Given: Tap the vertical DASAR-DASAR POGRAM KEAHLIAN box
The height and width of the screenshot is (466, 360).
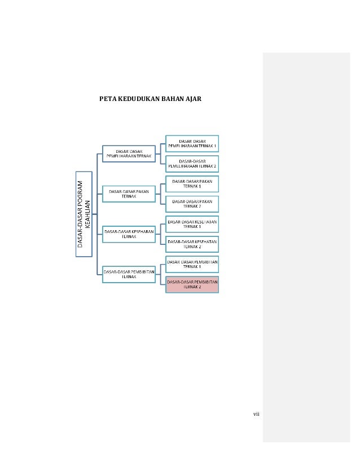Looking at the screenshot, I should coord(83,214).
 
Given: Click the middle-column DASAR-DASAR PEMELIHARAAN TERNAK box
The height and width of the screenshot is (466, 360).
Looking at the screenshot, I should coord(128,153).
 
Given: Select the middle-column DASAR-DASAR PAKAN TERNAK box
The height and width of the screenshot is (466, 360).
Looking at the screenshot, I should coord(128,194).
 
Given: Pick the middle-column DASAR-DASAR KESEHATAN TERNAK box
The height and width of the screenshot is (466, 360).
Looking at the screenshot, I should coord(128,234).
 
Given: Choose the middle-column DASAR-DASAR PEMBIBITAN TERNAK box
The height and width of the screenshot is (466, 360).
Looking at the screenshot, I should coord(128,274).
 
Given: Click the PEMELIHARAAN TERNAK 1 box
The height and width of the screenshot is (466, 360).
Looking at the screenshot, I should coord(192,143).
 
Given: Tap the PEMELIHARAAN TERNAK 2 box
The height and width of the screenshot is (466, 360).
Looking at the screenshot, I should coord(192,163).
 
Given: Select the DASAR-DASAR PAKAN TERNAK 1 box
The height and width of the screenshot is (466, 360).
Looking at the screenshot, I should coord(192,183).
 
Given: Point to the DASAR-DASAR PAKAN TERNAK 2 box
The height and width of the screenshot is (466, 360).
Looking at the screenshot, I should coord(192,203).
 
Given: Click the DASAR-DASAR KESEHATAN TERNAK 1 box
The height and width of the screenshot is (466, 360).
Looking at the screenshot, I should coord(192,223).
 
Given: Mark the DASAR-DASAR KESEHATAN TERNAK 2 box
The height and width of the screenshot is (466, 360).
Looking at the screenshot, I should coord(192,244).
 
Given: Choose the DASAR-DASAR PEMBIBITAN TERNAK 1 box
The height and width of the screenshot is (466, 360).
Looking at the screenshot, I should coord(192,263).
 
